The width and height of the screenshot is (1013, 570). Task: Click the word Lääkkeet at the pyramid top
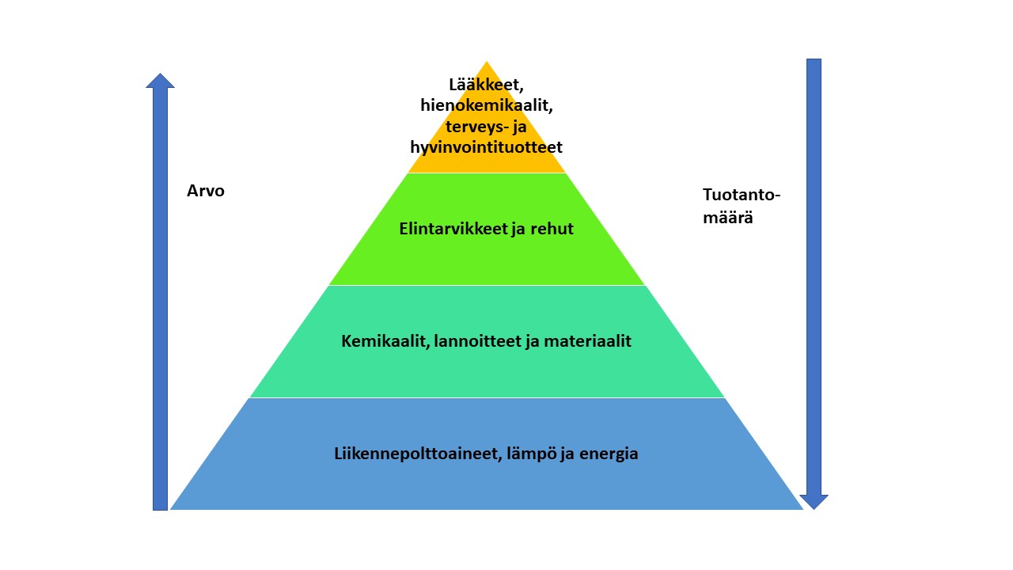coord(486,85)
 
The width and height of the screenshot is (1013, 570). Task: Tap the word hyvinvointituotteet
coord(486,147)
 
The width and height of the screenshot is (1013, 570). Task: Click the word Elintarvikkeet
coord(453,229)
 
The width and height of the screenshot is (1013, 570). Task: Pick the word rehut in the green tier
coord(552,229)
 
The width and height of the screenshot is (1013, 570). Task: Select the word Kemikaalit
coord(385,341)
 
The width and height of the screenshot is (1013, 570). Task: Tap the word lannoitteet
coord(477,341)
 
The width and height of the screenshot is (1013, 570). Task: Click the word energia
coord(609,454)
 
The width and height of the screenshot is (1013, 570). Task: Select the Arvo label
coord(206,191)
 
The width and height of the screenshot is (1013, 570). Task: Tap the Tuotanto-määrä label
coord(742,207)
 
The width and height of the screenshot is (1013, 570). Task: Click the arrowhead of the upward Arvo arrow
coord(160,81)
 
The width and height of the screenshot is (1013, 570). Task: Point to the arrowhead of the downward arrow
coord(814,502)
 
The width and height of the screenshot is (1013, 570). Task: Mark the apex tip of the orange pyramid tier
coord(487,62)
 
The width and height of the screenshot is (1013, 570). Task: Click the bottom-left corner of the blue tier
coord(170,509)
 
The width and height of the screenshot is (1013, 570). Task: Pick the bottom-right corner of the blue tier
coord(802,509)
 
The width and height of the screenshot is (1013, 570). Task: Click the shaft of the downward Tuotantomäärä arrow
coord(814,277)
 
